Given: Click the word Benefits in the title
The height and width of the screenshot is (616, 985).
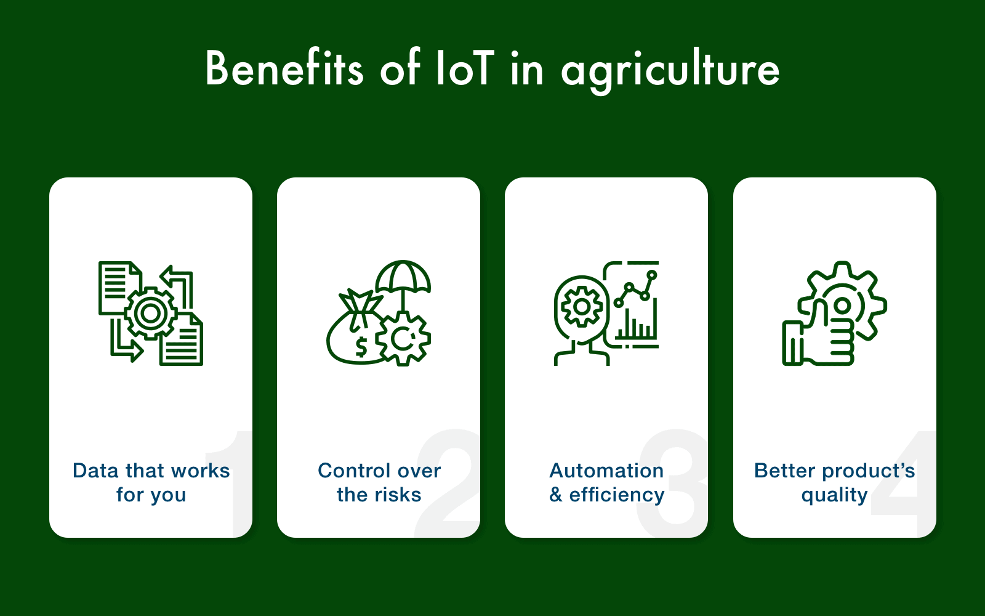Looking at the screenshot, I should [x=284, y=68].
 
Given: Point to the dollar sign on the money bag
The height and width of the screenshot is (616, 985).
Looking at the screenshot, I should [x=361, y=347].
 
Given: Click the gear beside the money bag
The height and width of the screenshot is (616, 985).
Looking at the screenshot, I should [x=403, y=338].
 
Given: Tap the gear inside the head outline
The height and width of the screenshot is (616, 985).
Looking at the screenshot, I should [x=581, y=306].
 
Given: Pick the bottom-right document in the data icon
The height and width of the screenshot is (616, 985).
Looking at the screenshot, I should [x=182, y=342].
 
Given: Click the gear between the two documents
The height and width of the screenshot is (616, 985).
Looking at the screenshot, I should [x=151, y=313].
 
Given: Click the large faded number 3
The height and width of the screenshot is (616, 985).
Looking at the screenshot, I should [x=674, y=484].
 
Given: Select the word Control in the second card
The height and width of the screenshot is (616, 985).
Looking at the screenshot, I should [x=348, y=471].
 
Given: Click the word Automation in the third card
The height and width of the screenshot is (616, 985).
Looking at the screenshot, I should [x=606, y=471].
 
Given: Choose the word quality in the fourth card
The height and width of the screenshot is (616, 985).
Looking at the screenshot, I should [x=834, y=495].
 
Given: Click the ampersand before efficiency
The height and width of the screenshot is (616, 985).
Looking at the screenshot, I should [x=556, y=495].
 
